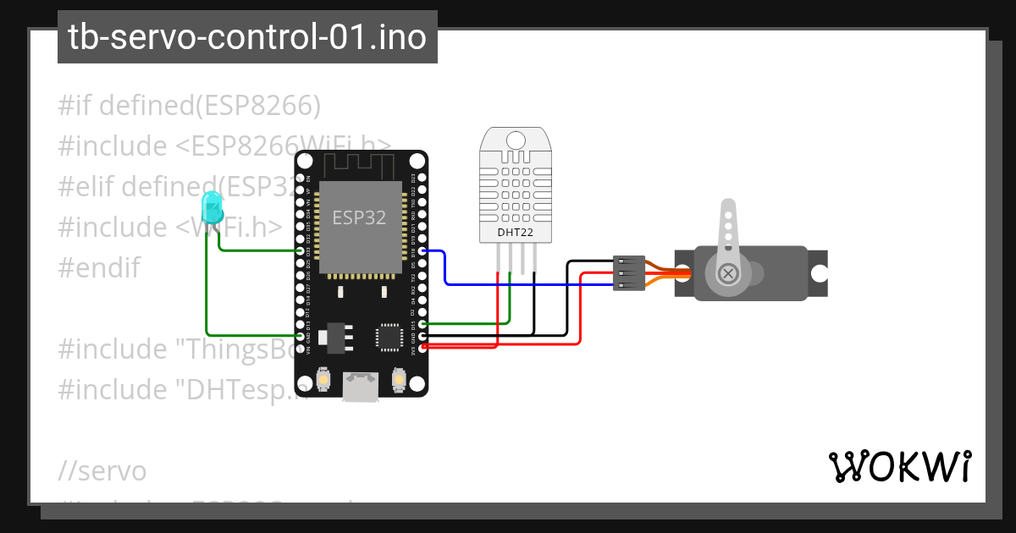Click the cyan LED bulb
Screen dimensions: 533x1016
pos(211,206)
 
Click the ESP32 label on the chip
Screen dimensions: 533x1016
pos(359,217)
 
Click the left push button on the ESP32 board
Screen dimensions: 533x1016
pos(323,382)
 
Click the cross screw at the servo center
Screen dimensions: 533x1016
pos(727,273)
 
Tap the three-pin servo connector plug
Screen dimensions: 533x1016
pos(628,273)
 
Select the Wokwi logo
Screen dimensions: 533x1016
pos(899,466)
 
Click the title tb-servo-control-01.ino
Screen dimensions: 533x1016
pos(247,37)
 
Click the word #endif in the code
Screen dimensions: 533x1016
pos(99,267)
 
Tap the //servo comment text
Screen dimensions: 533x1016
pos(102,470)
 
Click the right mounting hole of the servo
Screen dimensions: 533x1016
pos(819,273)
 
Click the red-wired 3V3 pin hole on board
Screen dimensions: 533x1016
pos(422,346)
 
